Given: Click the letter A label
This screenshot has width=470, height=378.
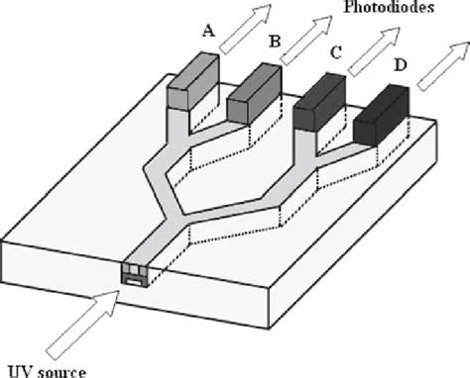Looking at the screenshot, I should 207,31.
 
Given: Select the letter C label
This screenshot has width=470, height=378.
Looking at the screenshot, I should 336,54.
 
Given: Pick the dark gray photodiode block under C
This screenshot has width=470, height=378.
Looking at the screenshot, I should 319,104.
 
